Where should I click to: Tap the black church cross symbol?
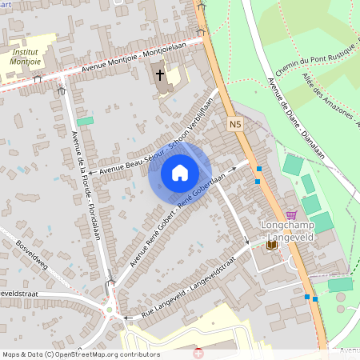pos(160,76)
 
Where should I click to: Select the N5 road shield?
pos(234,125)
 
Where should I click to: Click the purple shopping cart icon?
pos(290,214)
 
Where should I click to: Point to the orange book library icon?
pos(272,244)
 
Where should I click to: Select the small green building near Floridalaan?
pos(85,121)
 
